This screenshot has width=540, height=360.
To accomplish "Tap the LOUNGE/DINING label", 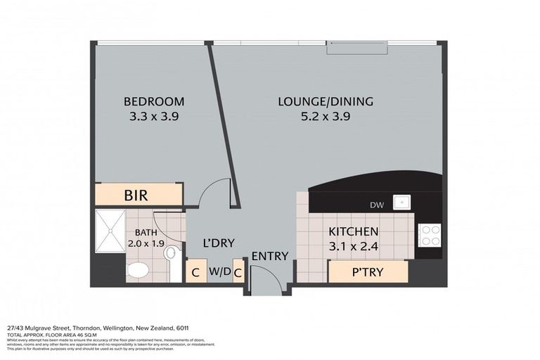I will coord(326,101).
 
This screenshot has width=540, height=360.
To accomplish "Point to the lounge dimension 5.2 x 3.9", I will coord(326,117).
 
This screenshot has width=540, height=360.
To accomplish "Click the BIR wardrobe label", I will coord(136,195).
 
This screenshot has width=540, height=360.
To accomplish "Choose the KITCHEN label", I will coord(354,231).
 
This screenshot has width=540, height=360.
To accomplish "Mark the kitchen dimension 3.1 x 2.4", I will coord(354,246).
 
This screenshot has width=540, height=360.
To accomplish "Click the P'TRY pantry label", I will coord(367,271).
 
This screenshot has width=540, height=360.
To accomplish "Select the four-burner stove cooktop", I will coord(429,235).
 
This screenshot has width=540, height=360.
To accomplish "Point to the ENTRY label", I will coord(270,256).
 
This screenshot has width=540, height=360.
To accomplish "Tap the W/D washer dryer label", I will coord(220,271).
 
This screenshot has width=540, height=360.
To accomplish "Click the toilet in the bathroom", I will coord(139,269).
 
